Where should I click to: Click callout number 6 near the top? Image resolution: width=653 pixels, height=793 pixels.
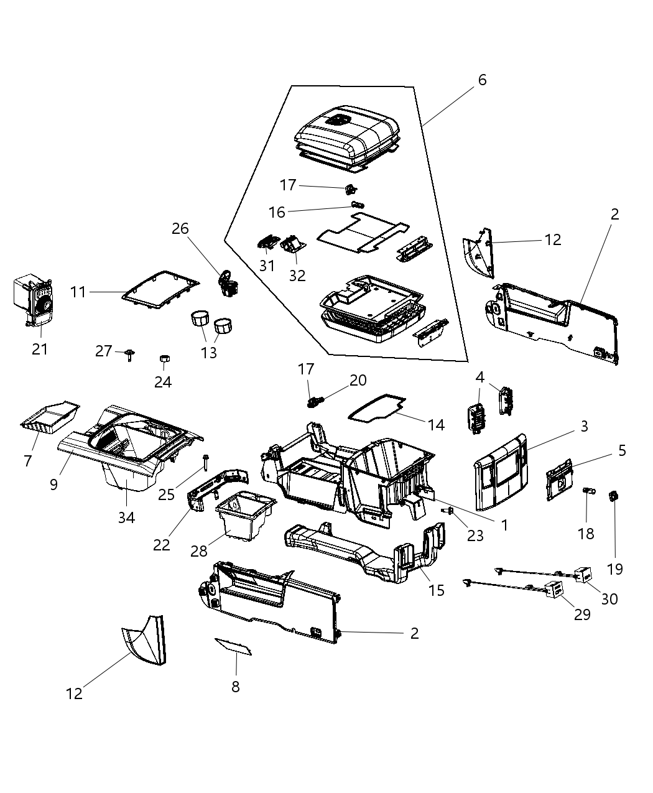point(482,80)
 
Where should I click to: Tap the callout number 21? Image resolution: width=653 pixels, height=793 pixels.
point(40,349)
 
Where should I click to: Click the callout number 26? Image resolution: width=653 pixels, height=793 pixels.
point(180,229)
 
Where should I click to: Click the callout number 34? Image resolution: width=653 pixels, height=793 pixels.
point(126,517)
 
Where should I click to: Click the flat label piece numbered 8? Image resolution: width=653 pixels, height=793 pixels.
point(233,646)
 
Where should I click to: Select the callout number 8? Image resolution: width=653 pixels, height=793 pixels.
point(235,687)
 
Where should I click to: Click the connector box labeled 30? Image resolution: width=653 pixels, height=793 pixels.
point(583,576)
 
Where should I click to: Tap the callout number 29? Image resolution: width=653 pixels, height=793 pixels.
point(582,614)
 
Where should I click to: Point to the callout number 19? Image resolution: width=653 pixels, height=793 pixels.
point(615,568)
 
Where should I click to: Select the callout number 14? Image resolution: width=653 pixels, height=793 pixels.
point(437,425)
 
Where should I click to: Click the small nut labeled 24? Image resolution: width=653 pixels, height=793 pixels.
point(164,358)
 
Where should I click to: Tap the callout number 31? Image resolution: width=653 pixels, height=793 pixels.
point(267,266)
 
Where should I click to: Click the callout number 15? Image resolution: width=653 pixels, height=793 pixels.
point(437,590)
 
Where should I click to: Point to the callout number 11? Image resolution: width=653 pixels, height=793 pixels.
point(78,291)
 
